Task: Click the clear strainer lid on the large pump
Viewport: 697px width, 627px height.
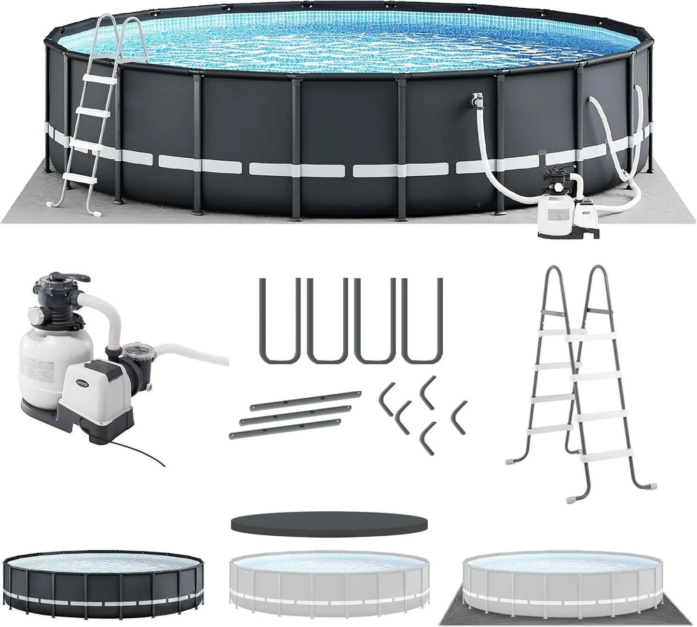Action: (x=131, y=349)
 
